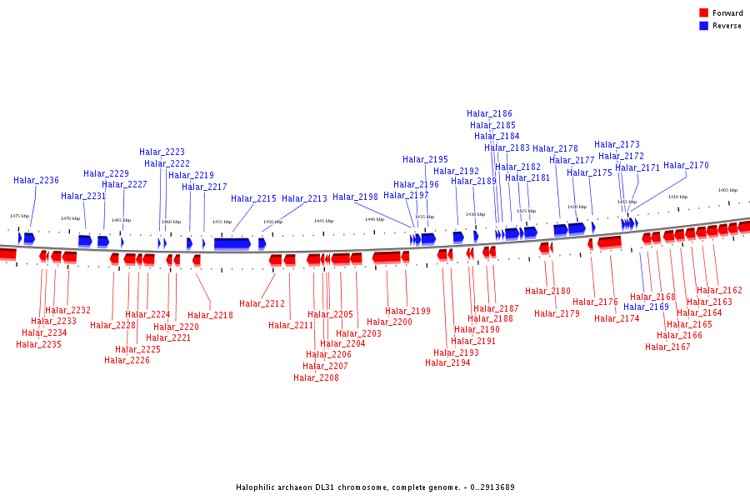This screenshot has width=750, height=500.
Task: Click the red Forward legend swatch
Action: pos(703,12)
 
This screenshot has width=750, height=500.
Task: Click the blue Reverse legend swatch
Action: pos(703,26)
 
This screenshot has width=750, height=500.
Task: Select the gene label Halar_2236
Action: pos(36,180)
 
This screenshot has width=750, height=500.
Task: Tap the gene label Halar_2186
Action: pos(489,113)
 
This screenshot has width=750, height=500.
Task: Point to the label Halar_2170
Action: pos(686,165)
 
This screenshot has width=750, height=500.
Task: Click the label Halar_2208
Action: pos(316,377)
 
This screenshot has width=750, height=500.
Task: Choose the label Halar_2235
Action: pos(38,344)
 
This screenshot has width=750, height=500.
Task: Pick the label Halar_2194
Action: pos(447,362)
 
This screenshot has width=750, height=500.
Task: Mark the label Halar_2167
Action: pos(667,347)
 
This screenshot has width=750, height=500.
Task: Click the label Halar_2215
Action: pos(253,198)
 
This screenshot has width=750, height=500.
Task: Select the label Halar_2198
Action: pos(355,197)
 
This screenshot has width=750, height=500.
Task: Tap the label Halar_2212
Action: pos(262,303)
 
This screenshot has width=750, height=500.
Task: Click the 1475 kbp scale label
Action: pos(19,216)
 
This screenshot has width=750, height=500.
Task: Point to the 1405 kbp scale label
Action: pos(727,190)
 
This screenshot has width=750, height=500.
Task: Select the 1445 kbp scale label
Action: pos(323,221)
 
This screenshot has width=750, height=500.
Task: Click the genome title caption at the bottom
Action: pos(375,487)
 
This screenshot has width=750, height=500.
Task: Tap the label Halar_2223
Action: pos(162,152)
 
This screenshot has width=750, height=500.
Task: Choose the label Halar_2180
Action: pos(547,291)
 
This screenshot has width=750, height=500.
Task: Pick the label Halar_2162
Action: pos(719,290)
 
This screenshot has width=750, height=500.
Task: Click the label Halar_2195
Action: pos(425,159)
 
